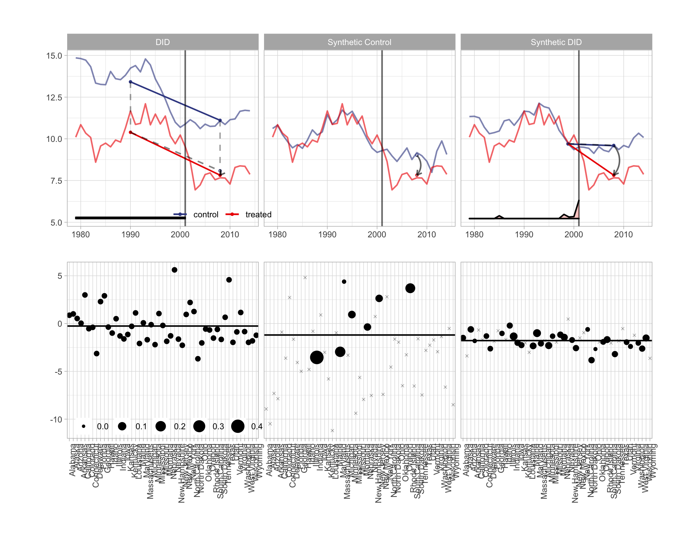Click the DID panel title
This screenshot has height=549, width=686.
163,42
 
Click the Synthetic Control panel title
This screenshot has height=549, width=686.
359,42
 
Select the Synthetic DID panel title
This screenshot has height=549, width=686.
556,42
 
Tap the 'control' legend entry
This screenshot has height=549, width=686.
205,214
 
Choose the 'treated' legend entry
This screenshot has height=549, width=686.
258,214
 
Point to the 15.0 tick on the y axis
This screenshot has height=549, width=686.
54,56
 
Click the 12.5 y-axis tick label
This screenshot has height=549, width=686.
54,98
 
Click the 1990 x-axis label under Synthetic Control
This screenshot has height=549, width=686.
327,235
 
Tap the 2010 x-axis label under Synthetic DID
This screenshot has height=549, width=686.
623,235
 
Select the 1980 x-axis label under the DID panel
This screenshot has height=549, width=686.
80,235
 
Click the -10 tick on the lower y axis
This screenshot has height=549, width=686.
56,420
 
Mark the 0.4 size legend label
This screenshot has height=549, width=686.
257,426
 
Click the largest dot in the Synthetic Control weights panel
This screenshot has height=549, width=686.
317,357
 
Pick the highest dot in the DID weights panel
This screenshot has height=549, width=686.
174,270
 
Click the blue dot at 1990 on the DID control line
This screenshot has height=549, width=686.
130,82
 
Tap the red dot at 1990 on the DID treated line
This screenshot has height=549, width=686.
130,132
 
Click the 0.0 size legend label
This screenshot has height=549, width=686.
103,426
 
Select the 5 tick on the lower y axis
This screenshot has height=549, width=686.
60,276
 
